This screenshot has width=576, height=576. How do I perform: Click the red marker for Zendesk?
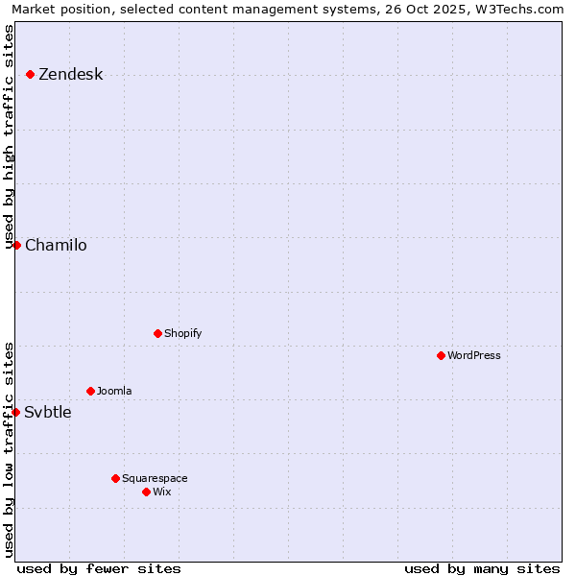point(31,74)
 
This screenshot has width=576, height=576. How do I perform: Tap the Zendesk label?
point(70,75)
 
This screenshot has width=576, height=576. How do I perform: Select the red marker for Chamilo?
point(16,245)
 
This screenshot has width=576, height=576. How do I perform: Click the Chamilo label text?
point(56,246)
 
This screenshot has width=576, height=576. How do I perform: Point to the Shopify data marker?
point(157,333)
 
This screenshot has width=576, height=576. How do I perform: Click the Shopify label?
point(182,334)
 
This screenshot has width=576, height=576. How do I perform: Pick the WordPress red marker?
point(441,355)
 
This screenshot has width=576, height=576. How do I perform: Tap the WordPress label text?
point(474,356)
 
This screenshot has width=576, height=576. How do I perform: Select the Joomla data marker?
point(90,391)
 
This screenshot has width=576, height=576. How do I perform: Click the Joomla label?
point(114,392)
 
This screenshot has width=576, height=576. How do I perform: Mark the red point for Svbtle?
point(15,412)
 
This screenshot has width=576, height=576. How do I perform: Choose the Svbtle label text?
point(48,413)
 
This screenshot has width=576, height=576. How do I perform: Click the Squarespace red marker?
point(115,478)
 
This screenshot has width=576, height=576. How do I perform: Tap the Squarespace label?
point(155,479)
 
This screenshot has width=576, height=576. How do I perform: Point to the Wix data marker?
point(146,492)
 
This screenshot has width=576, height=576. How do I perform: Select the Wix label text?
point(162,492)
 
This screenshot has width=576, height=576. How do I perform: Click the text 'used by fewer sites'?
point(99,568)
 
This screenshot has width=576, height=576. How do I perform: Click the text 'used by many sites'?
point(482,568)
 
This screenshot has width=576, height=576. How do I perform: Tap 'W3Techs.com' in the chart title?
point(519,10)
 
